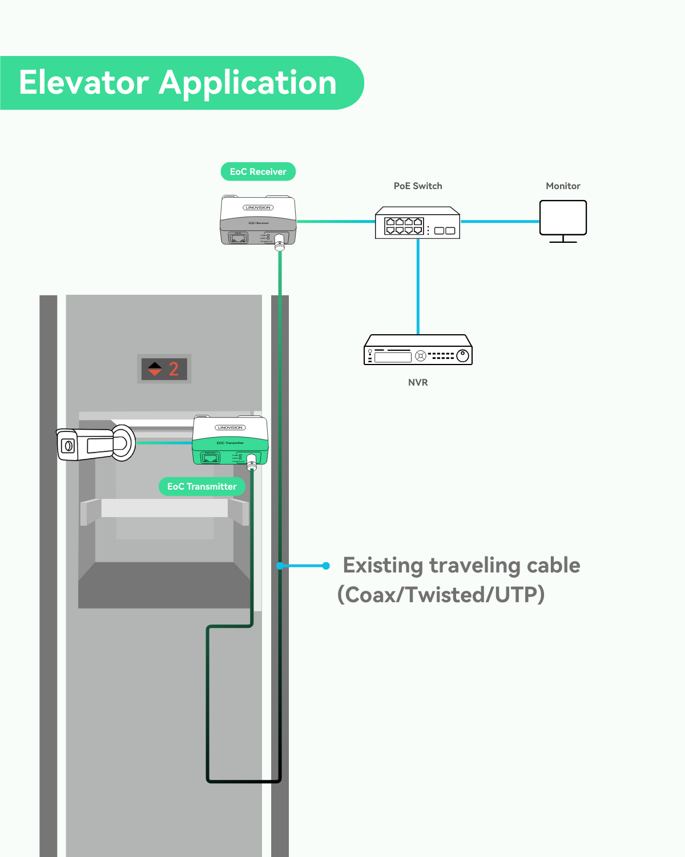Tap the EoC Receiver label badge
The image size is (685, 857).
tap(258, 171)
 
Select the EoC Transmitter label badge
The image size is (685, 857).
tap(202, 486)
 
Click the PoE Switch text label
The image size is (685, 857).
tap(418, 186)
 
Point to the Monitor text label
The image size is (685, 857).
tap(563, 186)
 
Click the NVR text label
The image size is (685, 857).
tap(418, 382)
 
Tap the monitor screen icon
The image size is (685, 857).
tap(563, 218)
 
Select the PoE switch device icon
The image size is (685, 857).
tap(417, 223)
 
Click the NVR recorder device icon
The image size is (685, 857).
tap(418, 350)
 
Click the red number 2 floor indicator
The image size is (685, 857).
tap(174, 369)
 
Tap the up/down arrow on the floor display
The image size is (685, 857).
tap(155, 369)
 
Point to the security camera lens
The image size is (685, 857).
tap(67, 446)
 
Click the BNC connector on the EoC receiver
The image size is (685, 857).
tap(280, 242)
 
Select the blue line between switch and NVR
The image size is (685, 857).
tap(418, 286)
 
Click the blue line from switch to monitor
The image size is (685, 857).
tap(499, 221)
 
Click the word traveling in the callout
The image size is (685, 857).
tap(474, 565)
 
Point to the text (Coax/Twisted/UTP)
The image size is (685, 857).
tap(441, 595)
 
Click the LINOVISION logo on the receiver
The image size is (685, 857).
tap(258, 207)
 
